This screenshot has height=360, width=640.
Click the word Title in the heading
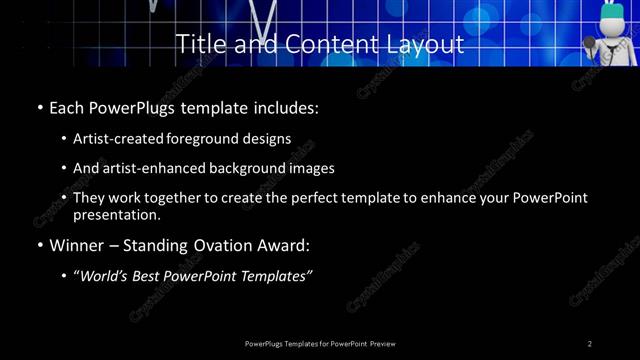tap(198, 45)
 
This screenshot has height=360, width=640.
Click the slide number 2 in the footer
tap(590, 344)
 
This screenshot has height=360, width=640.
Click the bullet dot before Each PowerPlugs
tap(38, 107)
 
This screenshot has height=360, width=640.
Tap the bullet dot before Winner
tap(38, 244)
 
